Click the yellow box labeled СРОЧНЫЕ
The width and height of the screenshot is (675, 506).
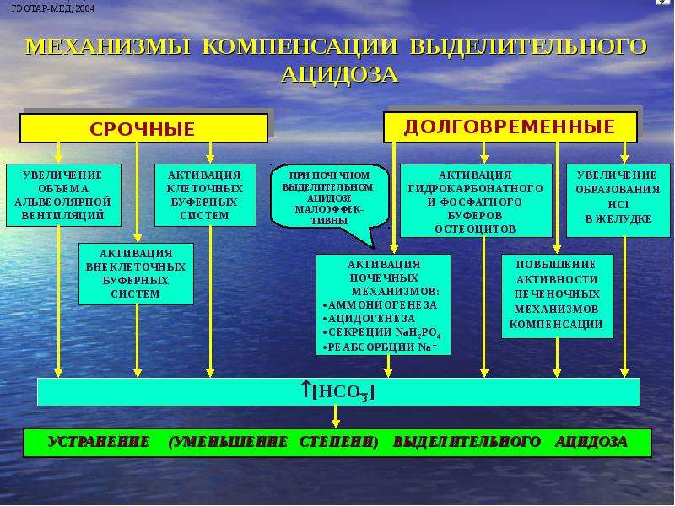coord(143,128)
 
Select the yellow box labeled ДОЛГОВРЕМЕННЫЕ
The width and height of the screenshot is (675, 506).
coord(510,127)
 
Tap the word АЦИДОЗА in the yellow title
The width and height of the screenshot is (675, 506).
coord(339,74)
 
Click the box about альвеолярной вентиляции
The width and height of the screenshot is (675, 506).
coord(63,195)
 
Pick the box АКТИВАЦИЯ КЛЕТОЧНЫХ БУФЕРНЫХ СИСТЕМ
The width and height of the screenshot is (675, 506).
coord(205,195)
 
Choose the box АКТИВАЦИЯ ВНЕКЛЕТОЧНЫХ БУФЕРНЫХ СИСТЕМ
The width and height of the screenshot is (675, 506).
coord(136,273)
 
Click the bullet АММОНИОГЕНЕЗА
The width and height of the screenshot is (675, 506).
coord(380,305)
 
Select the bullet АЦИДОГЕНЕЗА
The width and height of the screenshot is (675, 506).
coord(369,319)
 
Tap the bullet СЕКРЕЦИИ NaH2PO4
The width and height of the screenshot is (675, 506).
coord(381,332)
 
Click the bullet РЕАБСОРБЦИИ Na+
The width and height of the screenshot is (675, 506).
coord(380,347)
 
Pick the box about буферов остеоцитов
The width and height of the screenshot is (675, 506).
coord(476,201)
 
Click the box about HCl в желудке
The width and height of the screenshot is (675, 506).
coord(618,201)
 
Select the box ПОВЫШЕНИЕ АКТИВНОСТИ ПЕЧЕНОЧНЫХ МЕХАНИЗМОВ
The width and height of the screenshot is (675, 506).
coord(558,296)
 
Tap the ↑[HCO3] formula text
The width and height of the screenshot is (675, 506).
coord(338,391)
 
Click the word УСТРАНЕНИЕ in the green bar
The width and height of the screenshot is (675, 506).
coord(99,442)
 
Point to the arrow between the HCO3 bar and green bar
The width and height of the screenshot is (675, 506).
coord(336,417)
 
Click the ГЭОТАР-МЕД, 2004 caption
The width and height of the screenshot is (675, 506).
coord(53,8)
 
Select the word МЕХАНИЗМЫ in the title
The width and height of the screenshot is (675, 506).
coord(108,46)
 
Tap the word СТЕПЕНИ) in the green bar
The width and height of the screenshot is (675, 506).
coord(338,442)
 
